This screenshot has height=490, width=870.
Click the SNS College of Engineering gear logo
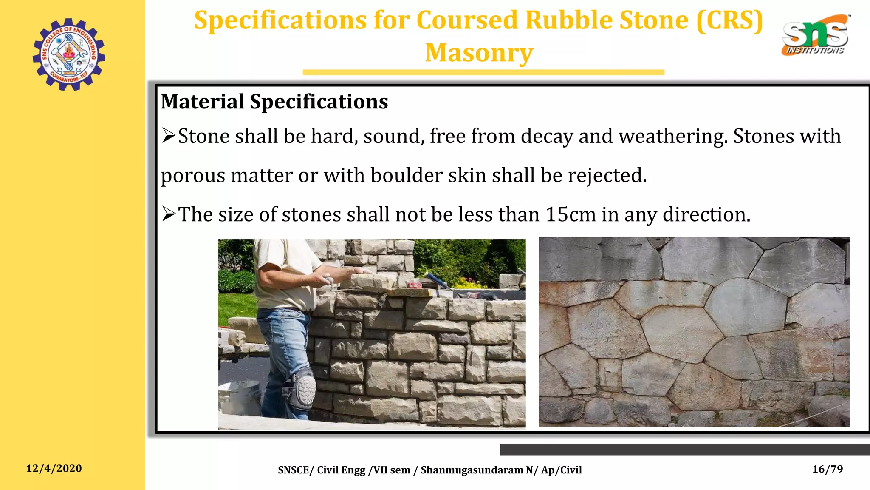click(69, 54)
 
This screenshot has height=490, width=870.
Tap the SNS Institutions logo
click(815, 35)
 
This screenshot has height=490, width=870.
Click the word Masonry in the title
click(479, 53)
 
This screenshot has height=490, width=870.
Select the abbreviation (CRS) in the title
click(729, 20)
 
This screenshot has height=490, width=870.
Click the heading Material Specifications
click(274, 102)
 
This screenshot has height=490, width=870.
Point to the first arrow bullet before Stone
click(169, 136)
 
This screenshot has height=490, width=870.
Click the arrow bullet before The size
click(169, 214)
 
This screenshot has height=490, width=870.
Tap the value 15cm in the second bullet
click(571, 214)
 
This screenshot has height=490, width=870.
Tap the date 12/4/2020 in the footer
click(54, 468)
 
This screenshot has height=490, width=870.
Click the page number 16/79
click(827, 469)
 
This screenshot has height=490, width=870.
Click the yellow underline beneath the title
click(483, 73)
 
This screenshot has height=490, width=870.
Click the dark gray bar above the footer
click(685, 450)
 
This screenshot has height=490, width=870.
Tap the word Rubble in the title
click(569, 20)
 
